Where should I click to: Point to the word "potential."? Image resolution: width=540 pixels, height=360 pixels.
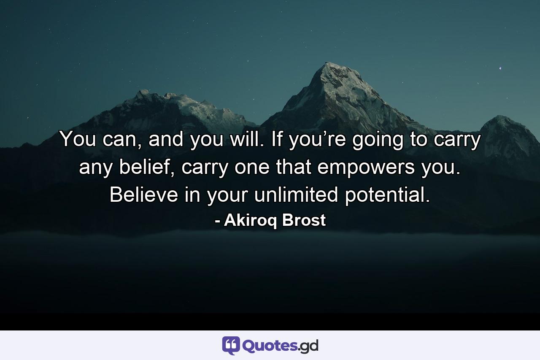387,195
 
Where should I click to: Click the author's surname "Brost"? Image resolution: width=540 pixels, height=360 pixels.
304,220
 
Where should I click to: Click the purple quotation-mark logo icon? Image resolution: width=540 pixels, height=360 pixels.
231,346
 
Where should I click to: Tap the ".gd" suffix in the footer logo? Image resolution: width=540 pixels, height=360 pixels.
308,346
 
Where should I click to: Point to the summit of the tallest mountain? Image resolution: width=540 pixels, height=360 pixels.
327,64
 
